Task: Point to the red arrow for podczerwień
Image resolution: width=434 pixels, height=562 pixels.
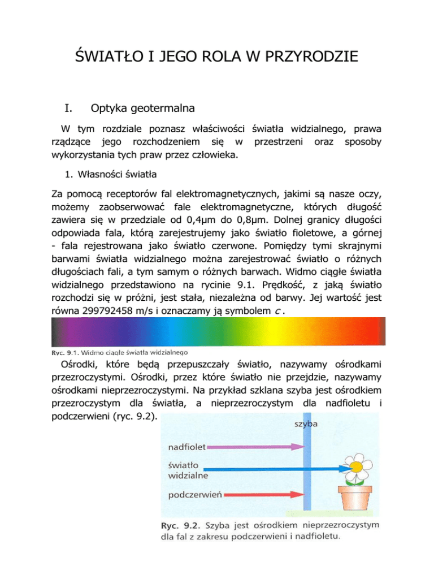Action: click(260, 496)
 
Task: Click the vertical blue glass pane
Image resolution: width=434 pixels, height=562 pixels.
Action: click(304, 469)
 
